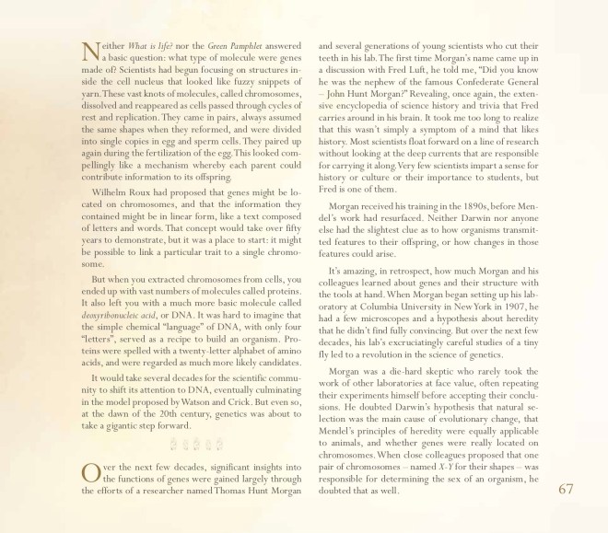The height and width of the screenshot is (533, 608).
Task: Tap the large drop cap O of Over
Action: click(x=91, y=473)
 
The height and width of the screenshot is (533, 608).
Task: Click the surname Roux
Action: click(x=151, y=220)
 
